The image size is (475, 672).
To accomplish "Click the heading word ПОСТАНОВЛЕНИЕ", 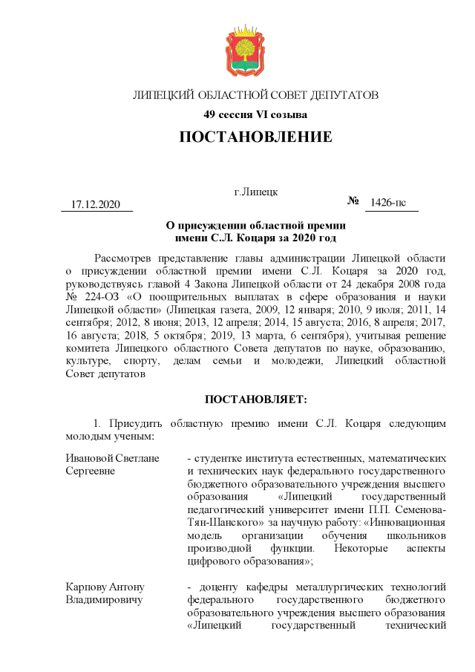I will coord(255,137).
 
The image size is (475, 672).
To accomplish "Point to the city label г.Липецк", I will coord(255,192).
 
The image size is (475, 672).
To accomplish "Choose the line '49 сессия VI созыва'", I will coord(255,114).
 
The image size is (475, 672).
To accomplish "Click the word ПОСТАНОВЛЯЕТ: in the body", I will coord(255,399).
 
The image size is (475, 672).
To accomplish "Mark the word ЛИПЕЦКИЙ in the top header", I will coord(163,96).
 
